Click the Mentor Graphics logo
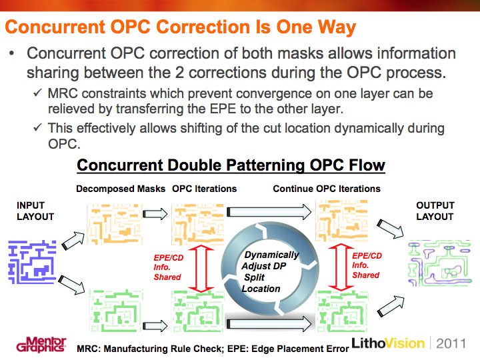pyautogui.click(x=41, y=345)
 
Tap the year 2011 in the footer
pyautogui.click(x=451, y=343)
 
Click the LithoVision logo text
pyautogui.click(x=388, y=343)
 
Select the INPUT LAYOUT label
pyautogui.click(x=35, y=211)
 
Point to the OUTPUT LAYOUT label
pyautogui.click(x=435, y=211)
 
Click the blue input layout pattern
pyautogui.click(x=33, y=262)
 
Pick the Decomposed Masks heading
pyautogui.click(x=121, y=189)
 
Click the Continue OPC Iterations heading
pyautogui.click(x=327, y=189)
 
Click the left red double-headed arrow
pyautogui.click(x=201, y=269)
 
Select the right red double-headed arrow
pyautogui.click(x=341, y=267)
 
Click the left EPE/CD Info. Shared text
pyautogui.click(x=168, y=267)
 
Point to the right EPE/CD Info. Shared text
pyautogui.click(x=367, y=265)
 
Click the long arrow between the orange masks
pyautogui.click(x=269, y=212)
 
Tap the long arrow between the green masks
pyautogui.click(x=269, y=324)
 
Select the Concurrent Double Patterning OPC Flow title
pyautogui.click(x=231, y=165)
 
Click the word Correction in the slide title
pyautogui.click(x=203, y=27)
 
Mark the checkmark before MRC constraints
pyautogui.click(x=37, y=93)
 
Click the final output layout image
pyautogui.click(x=439, y=263)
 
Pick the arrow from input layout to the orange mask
pyautogui.click(x=73, y=241)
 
